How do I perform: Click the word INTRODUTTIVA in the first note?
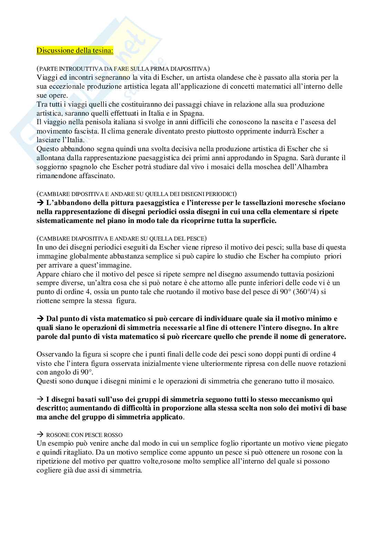point(75,68)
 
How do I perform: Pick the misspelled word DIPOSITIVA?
point(81,194)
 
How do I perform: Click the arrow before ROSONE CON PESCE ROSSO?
point(39,435)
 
